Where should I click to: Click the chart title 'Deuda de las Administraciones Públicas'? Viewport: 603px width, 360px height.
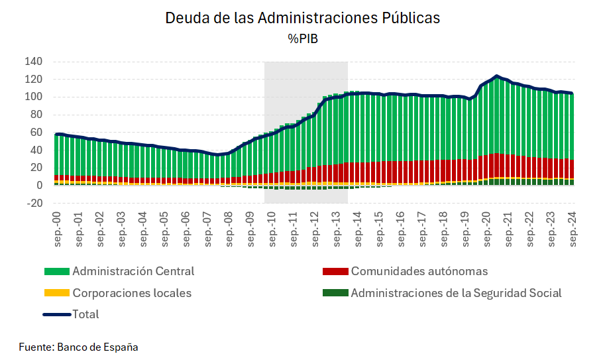[x=302, y=18]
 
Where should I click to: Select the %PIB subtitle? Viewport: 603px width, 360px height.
[x=302, y=38]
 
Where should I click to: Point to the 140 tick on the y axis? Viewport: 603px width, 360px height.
[x=34, y=62]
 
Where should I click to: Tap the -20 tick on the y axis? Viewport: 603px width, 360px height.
[x=34, y=204]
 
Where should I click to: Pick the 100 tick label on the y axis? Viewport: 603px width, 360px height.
[x=34, y=97]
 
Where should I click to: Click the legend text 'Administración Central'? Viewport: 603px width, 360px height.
[x=133, y=271]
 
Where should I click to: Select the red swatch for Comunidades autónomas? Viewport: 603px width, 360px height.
[x=335, y=272]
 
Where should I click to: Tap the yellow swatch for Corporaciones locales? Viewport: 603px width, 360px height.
[x=57, y=293]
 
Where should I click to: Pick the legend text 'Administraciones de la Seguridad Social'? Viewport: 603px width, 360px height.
[x=456, y=293]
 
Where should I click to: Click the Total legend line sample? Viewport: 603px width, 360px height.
[x=57, y=314]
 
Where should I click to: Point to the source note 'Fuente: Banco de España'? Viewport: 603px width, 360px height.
[x=78, y=347]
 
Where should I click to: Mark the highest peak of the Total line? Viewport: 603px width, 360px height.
[x=496, y=76]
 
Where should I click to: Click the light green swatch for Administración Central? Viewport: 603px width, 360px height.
[x=57, y=272]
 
